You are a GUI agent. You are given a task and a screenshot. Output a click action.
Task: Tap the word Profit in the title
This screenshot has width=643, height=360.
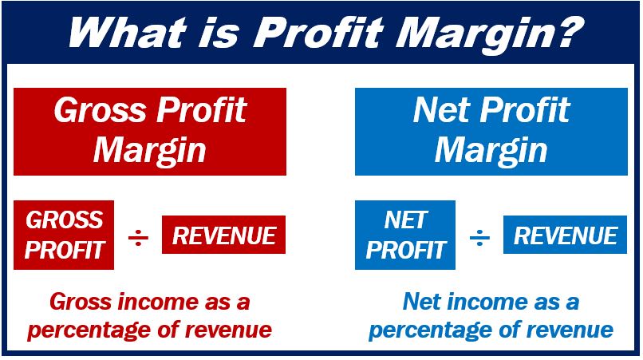[318, 32]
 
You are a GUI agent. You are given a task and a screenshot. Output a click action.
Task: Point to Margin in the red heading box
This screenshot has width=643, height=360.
[150, 151]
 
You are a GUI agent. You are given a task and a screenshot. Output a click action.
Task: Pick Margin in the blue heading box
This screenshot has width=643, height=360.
[491, 151]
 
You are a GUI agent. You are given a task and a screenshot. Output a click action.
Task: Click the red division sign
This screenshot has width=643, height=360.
[138, 238]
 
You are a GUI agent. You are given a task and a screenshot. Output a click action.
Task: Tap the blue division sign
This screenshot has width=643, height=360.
[479, 238]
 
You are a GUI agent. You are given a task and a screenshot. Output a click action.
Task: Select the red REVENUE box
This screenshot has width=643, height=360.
[224, 235]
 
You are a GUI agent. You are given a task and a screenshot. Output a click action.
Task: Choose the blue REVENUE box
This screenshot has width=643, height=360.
[565, 235]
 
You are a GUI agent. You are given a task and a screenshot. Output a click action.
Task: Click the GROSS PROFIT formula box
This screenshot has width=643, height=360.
[64, 235]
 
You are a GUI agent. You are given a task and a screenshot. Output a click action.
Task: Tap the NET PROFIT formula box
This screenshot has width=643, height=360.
[405, 235]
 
